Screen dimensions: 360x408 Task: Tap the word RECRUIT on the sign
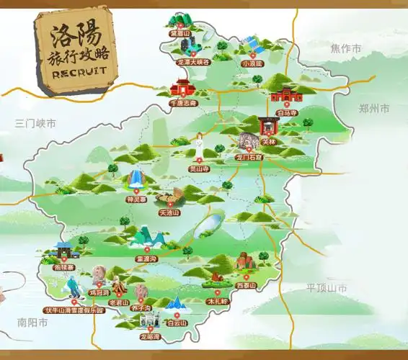click(x=79, y=71)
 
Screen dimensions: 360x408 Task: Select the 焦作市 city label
click(x=345, y=49)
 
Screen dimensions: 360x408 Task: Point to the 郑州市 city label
click(x=373, y=108)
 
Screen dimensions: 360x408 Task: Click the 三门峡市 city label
click(x=35, y=124)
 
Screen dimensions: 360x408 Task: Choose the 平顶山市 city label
click(x=326, y=288)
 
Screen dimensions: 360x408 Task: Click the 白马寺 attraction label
click(x=286, y=113)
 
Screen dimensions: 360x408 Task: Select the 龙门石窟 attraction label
click(x=250, y=156)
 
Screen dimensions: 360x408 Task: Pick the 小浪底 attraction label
click(x=253, y=63)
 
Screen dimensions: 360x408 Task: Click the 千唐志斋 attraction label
click(x=182, y=103)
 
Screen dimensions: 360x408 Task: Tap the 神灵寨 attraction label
click(x=136, y=199)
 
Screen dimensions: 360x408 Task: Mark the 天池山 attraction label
click(x=169, y=213)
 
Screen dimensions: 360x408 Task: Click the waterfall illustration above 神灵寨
click(x=135, y=180)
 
